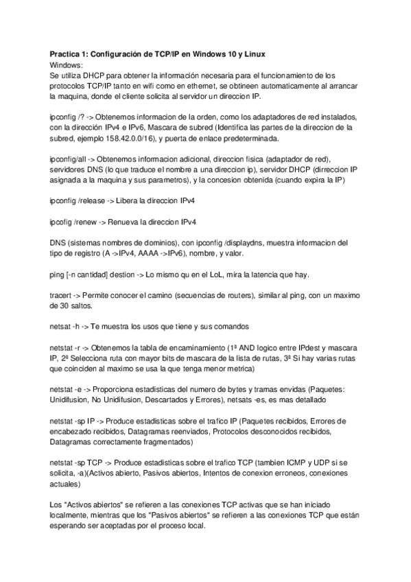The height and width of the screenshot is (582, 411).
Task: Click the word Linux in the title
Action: click(x=253, y=54)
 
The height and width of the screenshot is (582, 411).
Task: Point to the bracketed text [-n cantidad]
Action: click(x=90, y=275)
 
